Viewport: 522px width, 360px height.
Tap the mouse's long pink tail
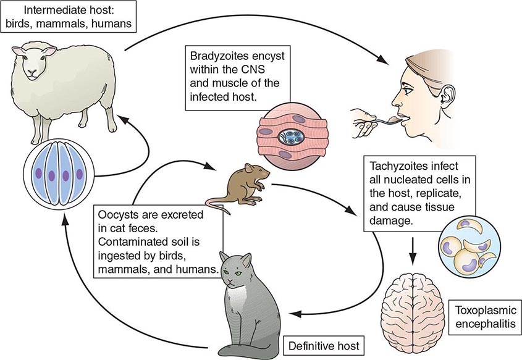(216, 207)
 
